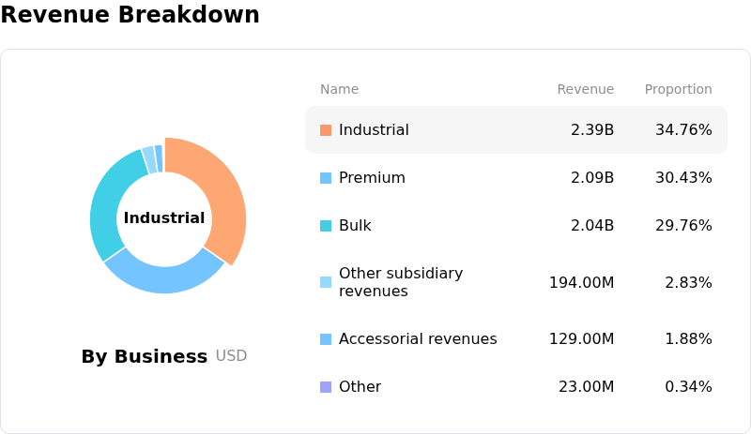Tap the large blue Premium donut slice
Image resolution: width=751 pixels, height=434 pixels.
point(164,277)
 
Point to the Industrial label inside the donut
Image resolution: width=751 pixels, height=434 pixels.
point(164,217)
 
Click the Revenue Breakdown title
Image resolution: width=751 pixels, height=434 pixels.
point(130,14)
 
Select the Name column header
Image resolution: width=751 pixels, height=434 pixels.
point(339,89)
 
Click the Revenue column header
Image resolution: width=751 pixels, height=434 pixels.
point(585,89)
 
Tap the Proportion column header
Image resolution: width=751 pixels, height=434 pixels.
point(678,89)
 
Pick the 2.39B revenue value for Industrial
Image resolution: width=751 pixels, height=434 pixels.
point(592,129)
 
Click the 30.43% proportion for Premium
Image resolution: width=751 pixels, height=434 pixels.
point(683,177)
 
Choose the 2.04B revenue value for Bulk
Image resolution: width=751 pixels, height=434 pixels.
point(592,225)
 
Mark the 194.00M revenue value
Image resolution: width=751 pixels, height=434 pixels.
point(581,282)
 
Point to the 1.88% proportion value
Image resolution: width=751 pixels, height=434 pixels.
point(688,338)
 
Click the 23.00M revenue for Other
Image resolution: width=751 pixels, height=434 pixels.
point(586,386)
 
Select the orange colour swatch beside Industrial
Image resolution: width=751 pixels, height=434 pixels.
point(326,130)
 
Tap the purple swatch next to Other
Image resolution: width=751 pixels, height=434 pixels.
point(326,386)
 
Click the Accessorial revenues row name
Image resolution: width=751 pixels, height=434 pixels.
point(418,338)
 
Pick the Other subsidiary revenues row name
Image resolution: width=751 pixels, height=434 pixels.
point(401,282)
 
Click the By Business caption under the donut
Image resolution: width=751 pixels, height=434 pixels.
point(145,356)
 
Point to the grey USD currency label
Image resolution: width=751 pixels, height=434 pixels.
point(231,355)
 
